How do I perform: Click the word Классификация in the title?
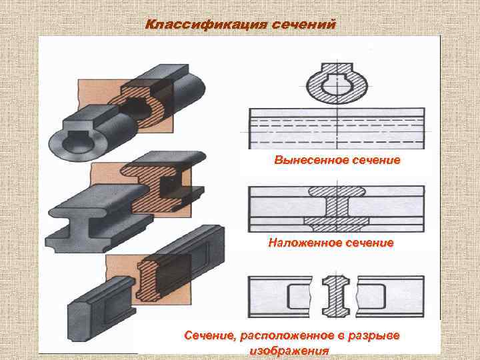click(205, 25)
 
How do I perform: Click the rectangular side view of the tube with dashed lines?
click(337, 128)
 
